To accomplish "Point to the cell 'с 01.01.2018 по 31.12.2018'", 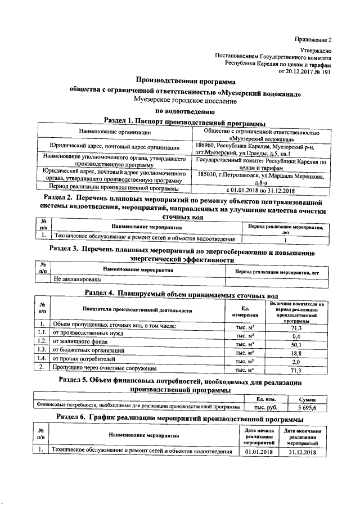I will click(257, 190).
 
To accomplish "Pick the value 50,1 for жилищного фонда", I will click(296, 345).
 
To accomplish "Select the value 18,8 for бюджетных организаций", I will click(296, 353).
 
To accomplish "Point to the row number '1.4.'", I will click(41, 358).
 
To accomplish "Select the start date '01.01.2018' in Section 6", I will click(259, 452).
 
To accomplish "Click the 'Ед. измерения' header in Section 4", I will click(245, 310).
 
